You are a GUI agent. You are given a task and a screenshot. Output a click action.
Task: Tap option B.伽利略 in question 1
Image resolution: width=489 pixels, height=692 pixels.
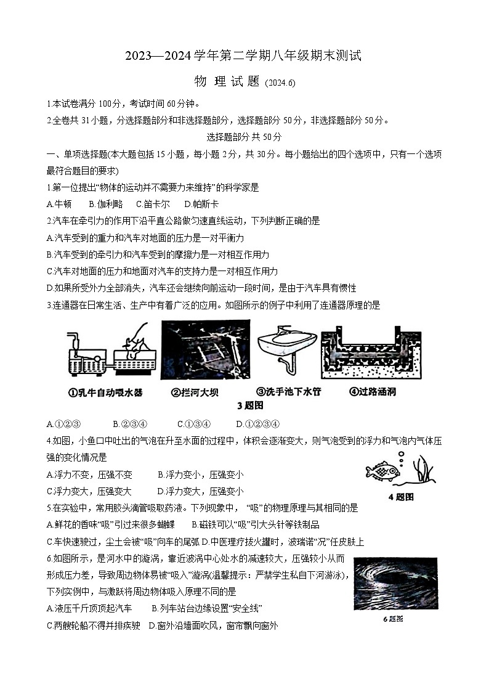coord(106,204)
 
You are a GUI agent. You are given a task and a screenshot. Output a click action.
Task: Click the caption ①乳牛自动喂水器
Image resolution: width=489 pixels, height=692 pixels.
coord(105,392)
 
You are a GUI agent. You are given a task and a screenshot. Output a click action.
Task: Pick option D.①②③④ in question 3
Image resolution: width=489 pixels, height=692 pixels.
coord(258,423)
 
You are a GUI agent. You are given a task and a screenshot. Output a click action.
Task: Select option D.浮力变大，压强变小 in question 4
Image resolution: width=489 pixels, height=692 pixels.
coord(200,491)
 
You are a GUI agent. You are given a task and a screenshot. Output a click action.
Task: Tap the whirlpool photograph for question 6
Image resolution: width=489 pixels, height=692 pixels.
coord(395,584)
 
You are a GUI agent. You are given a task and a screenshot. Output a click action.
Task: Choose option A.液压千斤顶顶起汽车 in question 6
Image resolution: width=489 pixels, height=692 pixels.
coord(89,608)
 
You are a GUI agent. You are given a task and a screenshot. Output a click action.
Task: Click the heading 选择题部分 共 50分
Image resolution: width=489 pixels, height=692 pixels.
coord(244,137)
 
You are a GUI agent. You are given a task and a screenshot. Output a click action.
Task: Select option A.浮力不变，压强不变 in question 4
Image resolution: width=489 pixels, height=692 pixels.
coord(89,474)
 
